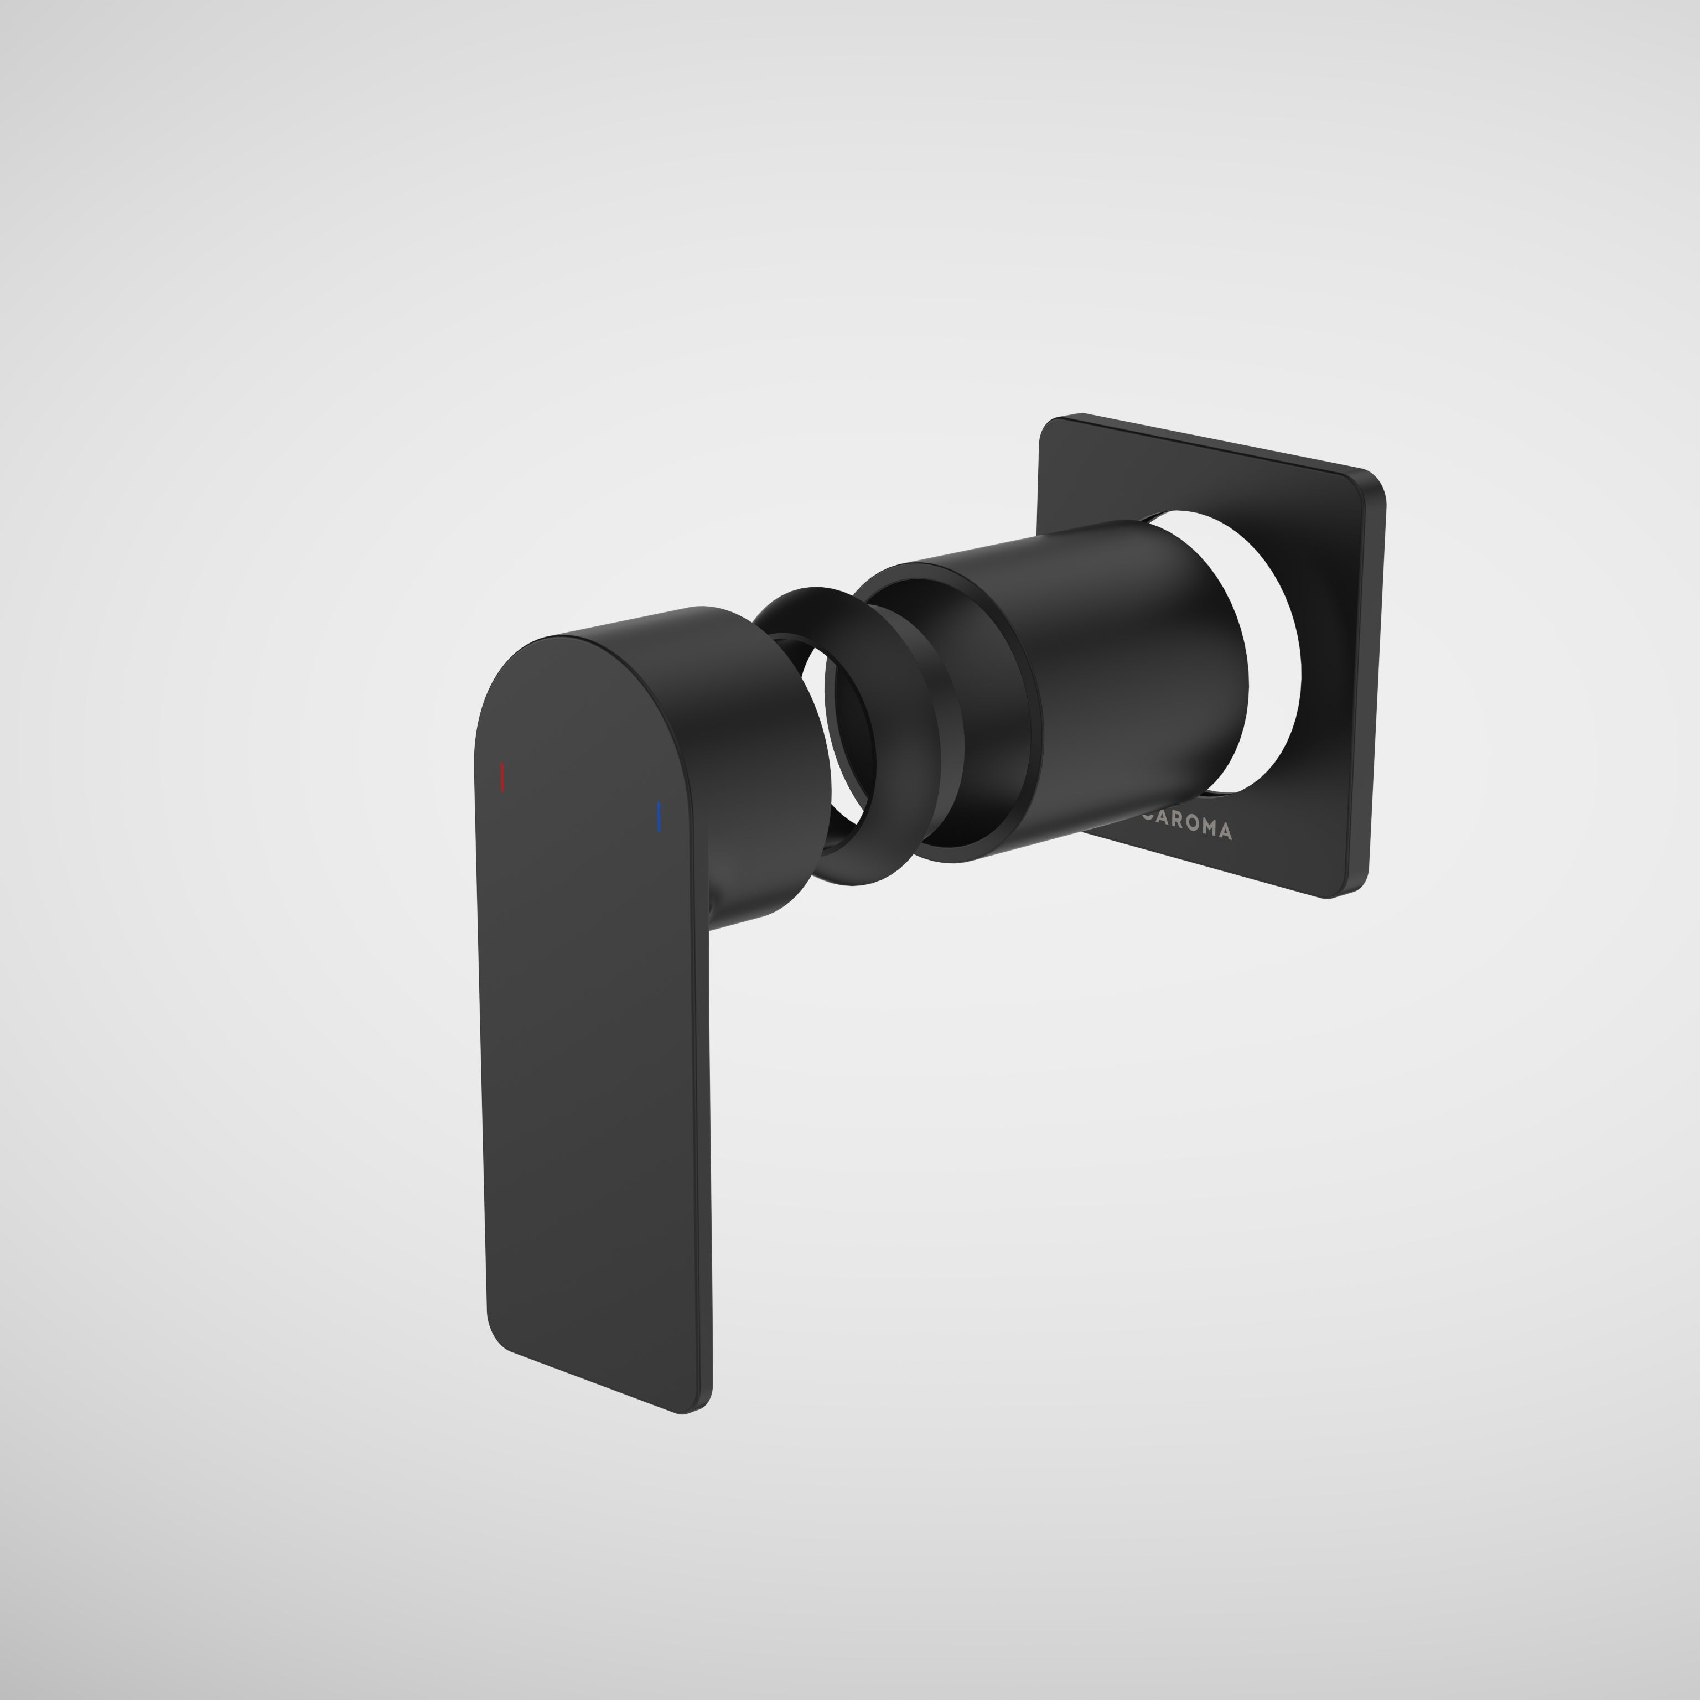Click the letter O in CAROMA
(1193, 823)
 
